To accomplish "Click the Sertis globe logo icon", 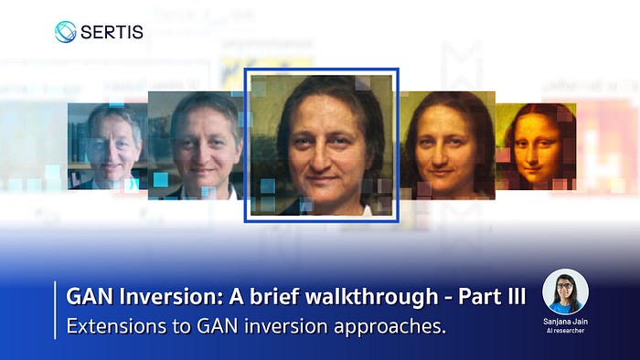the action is (x=65, y=32).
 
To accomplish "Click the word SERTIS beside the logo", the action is (x=112, y=32).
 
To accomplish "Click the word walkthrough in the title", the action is (x=372, y=296).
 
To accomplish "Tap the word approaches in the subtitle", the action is (x=389, y=327).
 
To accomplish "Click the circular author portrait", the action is (x=565, y=291).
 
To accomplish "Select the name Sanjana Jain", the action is (x=565, y=322).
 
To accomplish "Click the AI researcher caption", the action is (x=565, y=331).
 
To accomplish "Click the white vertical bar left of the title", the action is (x=55, y=310).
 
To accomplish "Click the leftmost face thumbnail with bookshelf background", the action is (x=108, y=146).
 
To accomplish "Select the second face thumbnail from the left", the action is (x=196, y=145).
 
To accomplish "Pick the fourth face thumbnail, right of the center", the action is (x=447, y=145).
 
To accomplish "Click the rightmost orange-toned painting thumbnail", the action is (x=536, y=146).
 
